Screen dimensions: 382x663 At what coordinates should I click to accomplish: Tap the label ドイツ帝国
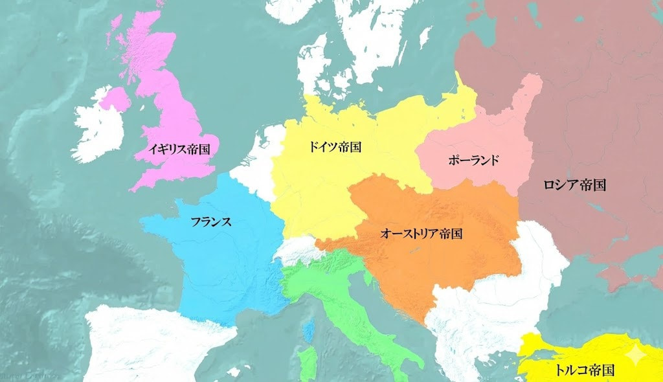pyautogui.click(x=334, y=147)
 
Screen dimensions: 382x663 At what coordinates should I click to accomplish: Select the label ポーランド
pyautogui.click(x=473, y=160)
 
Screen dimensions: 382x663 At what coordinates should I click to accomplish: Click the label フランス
pyautogui.click(x=211, y=221)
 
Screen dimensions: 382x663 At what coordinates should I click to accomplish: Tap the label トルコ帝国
pyautogui.click(x=584, y=370)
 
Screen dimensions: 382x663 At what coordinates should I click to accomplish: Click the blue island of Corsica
pyautogui.click(x=310, y=331)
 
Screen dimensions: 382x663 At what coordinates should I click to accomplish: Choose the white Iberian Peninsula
pyautogui.click(x=149, y=343)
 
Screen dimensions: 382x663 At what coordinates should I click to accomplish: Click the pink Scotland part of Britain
pyautogui.click(x=146, y=45)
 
